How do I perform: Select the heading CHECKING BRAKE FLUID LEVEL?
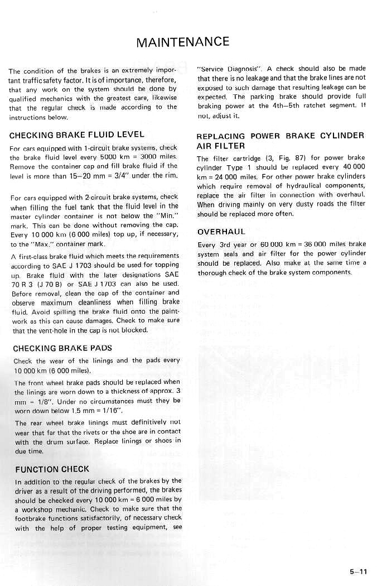(x=76, y=135)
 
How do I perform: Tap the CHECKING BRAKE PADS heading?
(x=62, y=348)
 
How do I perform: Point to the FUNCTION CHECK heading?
(x=52, y=469)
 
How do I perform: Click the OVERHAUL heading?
(x=221, y=232)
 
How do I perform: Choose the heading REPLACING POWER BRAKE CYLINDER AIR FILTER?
(x=280, y=141)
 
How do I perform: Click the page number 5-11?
(x=358, y=570)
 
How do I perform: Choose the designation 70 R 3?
(x=24, y=284)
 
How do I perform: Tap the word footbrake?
(x=31, y=518)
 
